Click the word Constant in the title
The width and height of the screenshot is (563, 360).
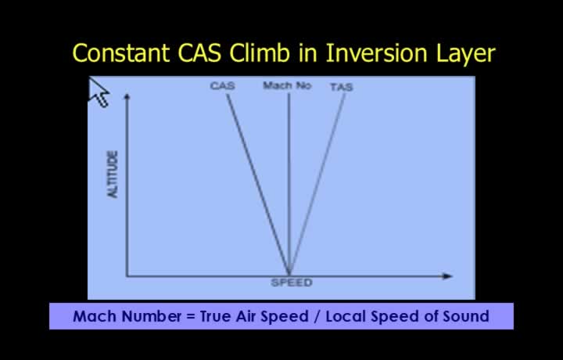(x=121, y=52)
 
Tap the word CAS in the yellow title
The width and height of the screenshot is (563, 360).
(x=199, y=52)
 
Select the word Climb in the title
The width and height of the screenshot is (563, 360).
(x=260, y=52)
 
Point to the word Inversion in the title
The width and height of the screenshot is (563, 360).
(x=377, y=52)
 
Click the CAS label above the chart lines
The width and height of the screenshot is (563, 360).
(x=223, y=86)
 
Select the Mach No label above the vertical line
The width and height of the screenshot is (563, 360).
(x=287, y=85)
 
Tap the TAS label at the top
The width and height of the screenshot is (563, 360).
(x=342, y=87)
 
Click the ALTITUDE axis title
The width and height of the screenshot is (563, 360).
(x=113, y=175)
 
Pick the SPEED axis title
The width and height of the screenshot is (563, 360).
(x=292, y=283)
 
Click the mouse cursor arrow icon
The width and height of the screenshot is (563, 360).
(x=99, y=92)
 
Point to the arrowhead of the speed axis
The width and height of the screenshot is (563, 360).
(x=448, y=276)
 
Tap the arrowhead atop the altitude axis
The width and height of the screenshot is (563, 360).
(x=127, y=96)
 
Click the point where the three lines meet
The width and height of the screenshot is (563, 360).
(x=289, y=275)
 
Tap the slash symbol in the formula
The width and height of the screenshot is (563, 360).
(x=317, y=317)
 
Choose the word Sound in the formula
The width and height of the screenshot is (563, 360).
(x=466, y=316)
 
